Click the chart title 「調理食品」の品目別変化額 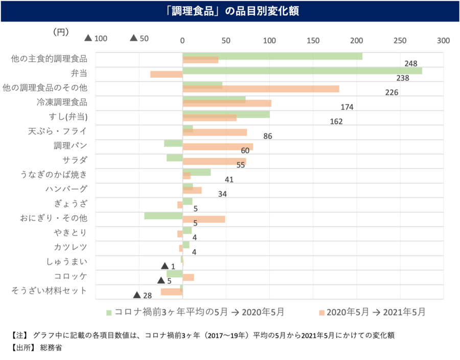pos(230,11)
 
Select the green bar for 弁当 pos(302,71)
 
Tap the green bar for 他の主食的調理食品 pos(272,56)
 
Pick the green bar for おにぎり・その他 pos(164,216)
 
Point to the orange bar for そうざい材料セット pos(171,291)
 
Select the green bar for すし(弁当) pos(226,114)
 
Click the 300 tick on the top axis pos(443,40)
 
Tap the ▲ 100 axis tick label pos(96,38)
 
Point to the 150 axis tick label pos(313,40)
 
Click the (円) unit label pos(61,32)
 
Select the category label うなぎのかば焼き pos(54,175)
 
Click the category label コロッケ pos(71,277)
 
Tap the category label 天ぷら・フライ pos(57,131)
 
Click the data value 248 pos(410,64)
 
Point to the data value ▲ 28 pos(143,296)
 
